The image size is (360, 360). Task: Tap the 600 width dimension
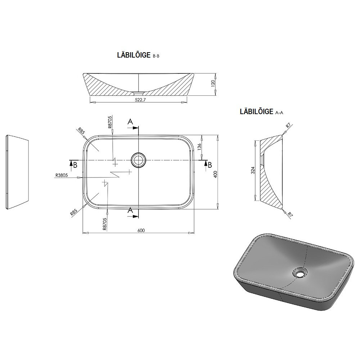coord(141,230)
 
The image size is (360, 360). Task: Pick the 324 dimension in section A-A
coord(253,170)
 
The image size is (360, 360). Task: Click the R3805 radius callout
coord(62,175)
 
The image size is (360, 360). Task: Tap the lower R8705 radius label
coord(105,224)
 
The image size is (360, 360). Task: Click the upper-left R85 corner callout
coord(81,131)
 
